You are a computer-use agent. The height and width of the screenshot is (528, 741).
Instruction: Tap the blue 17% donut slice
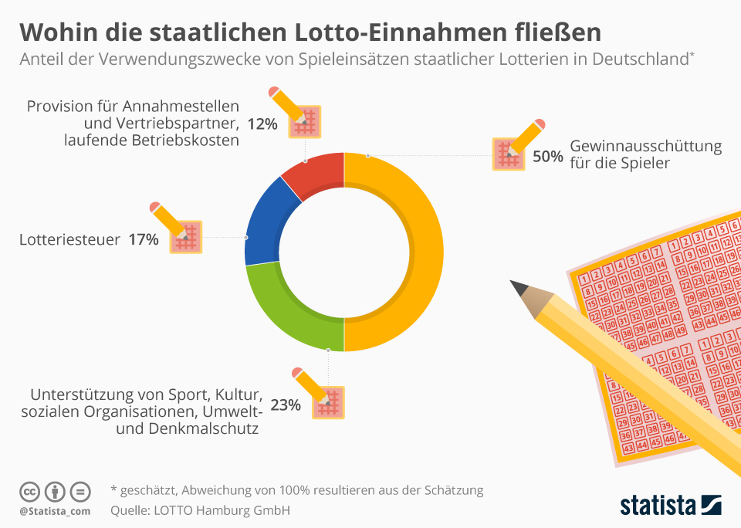click(263, 224)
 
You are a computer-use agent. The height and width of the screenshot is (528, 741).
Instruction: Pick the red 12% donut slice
click(313, 174)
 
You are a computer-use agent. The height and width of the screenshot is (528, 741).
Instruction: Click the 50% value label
click(547, 156)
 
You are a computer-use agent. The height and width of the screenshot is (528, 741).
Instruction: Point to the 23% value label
click(286, 404)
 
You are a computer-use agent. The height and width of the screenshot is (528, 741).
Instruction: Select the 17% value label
click(144, 240)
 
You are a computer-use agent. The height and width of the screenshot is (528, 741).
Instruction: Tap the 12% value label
click(262, 123)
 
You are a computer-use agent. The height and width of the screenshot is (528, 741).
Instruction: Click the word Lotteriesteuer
click(69, 240)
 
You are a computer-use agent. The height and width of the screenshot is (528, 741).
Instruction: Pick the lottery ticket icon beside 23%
click(328, 401)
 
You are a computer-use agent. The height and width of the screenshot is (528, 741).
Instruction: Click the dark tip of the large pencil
click(519, 289)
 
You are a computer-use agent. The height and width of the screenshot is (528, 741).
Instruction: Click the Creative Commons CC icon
click(29, 491)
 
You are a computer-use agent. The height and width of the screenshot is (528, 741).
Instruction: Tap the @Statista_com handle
click(55, 511)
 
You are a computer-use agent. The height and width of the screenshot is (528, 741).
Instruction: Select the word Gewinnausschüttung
click(645, 147)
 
